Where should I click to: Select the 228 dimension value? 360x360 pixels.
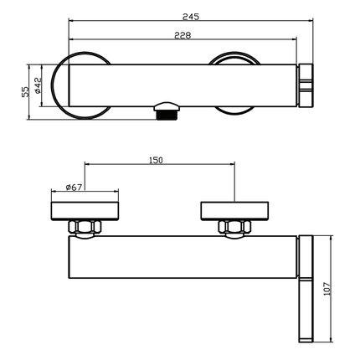tap(183, 34)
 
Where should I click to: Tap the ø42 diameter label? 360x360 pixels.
tap(39, 90)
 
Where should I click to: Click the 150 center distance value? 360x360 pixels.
tap(157, 159)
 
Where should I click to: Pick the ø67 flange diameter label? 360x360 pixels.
tap(75, 187)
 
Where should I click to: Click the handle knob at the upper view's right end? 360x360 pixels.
tap(306, 84)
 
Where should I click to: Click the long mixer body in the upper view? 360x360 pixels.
tap(184, 84)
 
